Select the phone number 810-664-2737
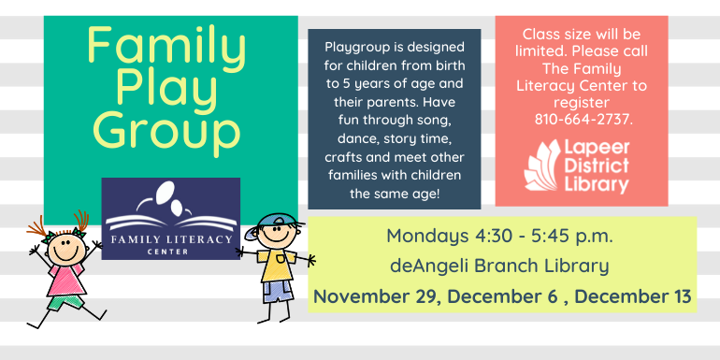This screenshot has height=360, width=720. (x=583, y=119)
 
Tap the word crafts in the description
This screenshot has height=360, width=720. (x=349, y=156)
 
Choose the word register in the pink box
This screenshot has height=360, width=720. (x=583, y=102)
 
